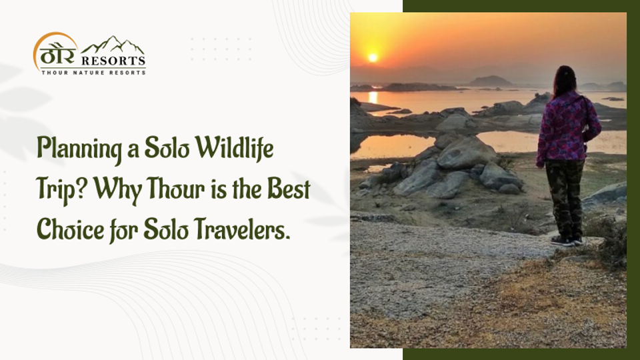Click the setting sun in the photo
click(x=373, y=57)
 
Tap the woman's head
click(x=564, y=79)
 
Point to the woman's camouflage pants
click(x=565, y=197)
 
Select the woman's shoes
click(x=566, y=239)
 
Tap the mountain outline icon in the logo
click(x=113, y=45)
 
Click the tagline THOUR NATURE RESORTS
click(x=93, y=72)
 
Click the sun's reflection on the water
click(x=373, y=97)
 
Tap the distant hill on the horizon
click(x=490, y=81)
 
